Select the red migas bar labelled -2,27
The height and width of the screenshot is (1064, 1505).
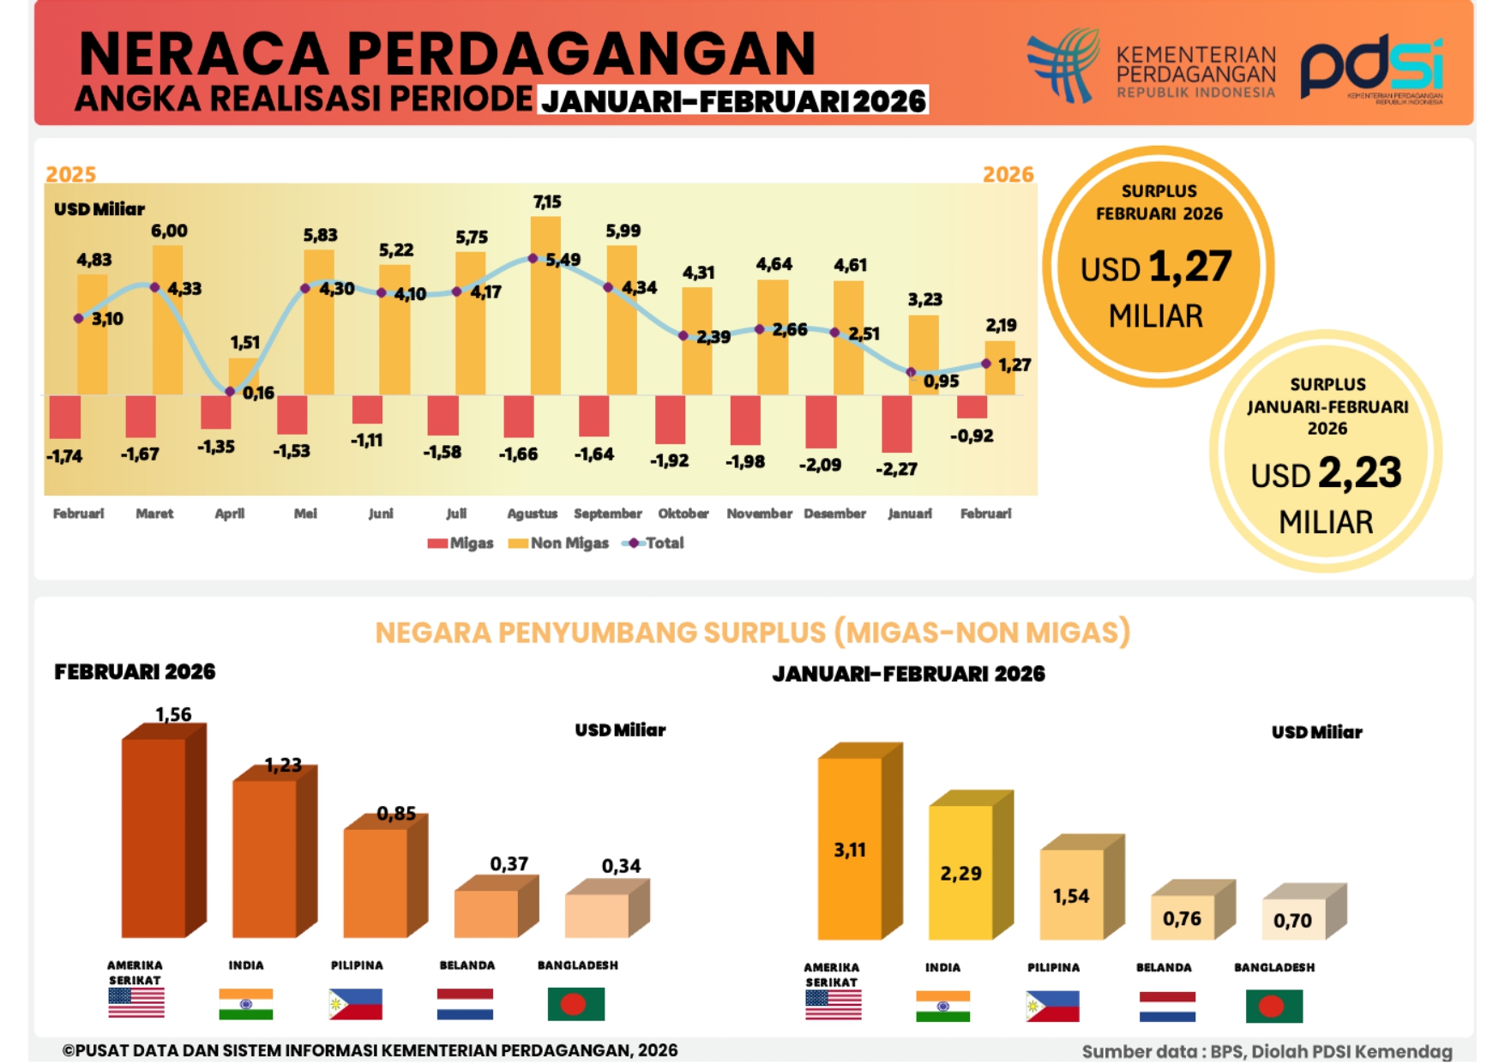pyautogui.click(x=896, y=423)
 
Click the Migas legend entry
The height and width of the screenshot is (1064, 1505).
pyautogui.click(x=461, y=543)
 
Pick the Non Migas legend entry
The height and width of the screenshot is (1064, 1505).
pyautogui.click(x=558, y=543)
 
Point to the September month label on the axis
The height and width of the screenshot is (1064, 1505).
pyautogui.click(x=607, y=514)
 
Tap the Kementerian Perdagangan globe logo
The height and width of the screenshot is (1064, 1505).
pyautogui.click(x=1064, y=65)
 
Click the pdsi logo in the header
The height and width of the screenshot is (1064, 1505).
pyautogui.click(x=1370, y=69)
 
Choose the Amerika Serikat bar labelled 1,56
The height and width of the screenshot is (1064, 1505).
pyautogui.click(x=154, y=836)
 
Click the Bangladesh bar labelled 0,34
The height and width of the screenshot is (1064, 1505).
pyautogui.click(x=598, y=914)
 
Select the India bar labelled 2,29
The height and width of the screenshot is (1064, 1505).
pyautogui.click(x=961, y=872)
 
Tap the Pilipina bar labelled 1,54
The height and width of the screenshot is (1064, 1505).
pyautogui.click(x=1072, y=894)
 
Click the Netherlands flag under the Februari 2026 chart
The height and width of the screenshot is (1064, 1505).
pyautogui.click(x=465, y=1004)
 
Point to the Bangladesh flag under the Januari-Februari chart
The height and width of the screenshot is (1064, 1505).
pyautogui.click(x=1273, y=1006)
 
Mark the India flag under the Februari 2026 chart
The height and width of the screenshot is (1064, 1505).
pyautogui.click(x=245, y=1004)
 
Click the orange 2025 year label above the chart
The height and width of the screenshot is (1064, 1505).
pyautogui.click(x=70, y=174)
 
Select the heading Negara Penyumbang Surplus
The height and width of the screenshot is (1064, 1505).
pyautogui.click(x=752, y=633)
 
